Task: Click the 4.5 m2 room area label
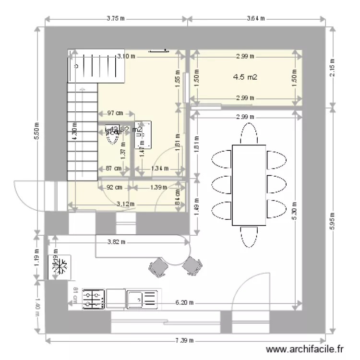pyautogui.click(x=245, y=77)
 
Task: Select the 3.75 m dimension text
pyautogui.click(x=116, y=19)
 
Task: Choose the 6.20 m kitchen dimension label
pyautogui.click(x=184, y=303)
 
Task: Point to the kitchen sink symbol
pyautogui.click(x=142, y=299)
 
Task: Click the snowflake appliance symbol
pyautogui.click(x=60, y=267)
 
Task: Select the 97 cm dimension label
pyautogui.click(x=114, y=113)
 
